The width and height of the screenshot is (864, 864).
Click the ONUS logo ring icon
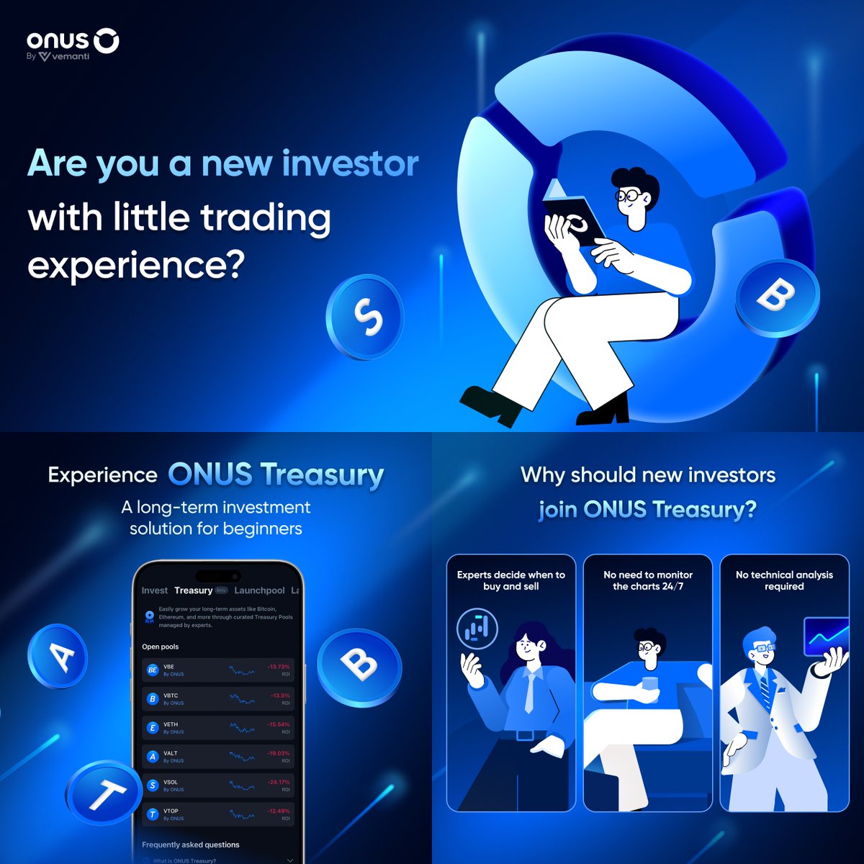[107, 41]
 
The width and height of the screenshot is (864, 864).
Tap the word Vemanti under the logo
[71, 56]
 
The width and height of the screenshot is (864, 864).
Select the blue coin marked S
[365, 317]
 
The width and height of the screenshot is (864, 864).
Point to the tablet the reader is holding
[574, 220]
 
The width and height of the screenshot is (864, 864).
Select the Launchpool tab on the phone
[259, 590]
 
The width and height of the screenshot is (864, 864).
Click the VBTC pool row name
[171, 696]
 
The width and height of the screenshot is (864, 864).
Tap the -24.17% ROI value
[279, 782]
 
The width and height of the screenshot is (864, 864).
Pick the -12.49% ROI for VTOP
[279, 811]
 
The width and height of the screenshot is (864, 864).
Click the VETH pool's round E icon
[152, 728]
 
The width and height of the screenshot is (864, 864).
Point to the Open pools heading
[160, 647]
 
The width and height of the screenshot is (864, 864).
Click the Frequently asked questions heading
[191, 845]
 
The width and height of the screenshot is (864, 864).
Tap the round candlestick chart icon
[477, 629]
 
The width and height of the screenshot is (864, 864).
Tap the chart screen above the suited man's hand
[827, 636]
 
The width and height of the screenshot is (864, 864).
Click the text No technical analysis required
[784, 580]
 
